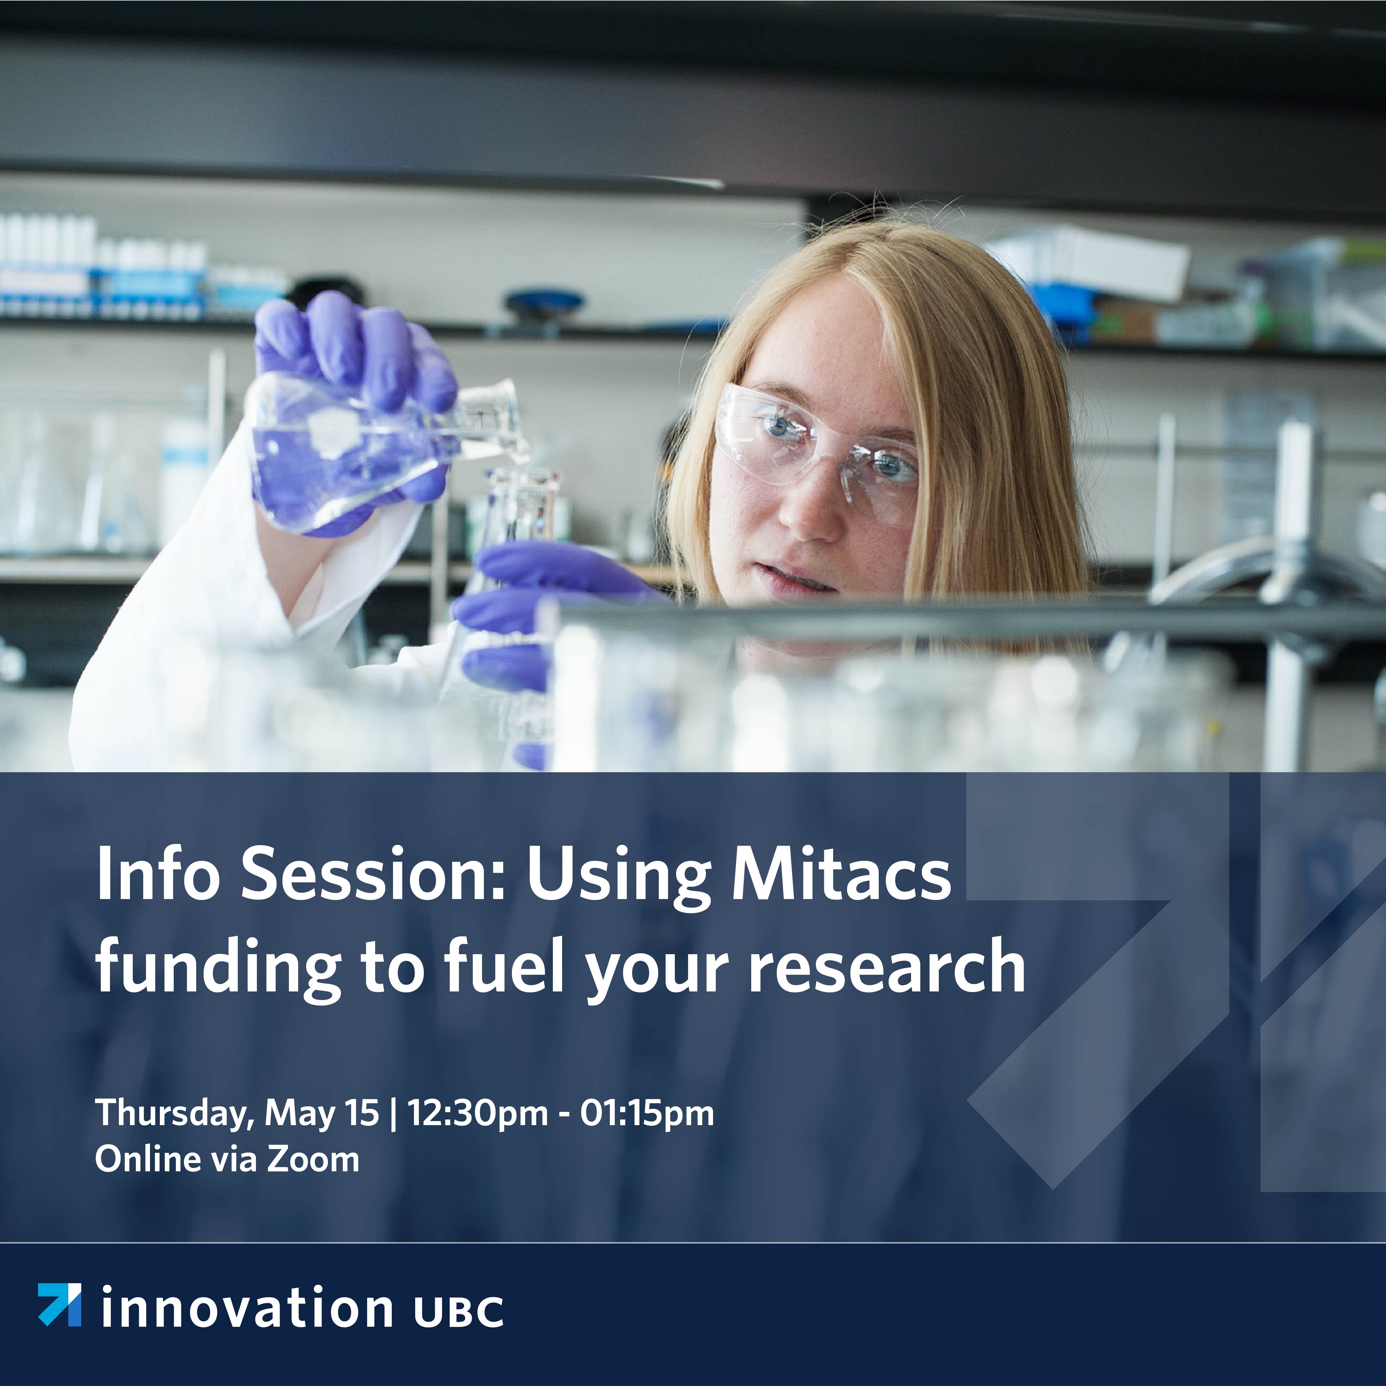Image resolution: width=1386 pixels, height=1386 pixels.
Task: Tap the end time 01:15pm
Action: pos(647,1113)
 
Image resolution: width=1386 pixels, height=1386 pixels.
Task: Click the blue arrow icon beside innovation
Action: pos(59,1304)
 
